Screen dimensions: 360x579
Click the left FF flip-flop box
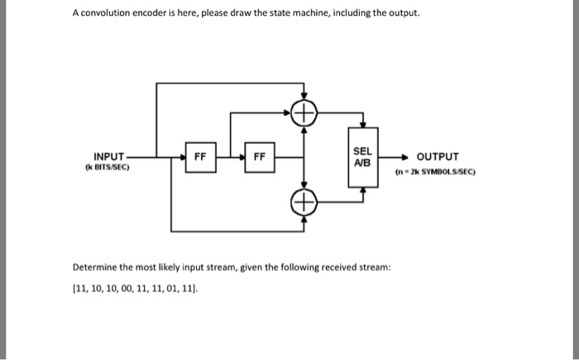[x=200, y=157]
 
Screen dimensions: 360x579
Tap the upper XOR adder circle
[x=305, y=113]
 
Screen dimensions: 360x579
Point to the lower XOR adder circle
[x=305, y=202]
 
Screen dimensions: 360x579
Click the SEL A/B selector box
[x=362, y=157]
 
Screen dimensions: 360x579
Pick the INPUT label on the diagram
[x=109, y=156]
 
